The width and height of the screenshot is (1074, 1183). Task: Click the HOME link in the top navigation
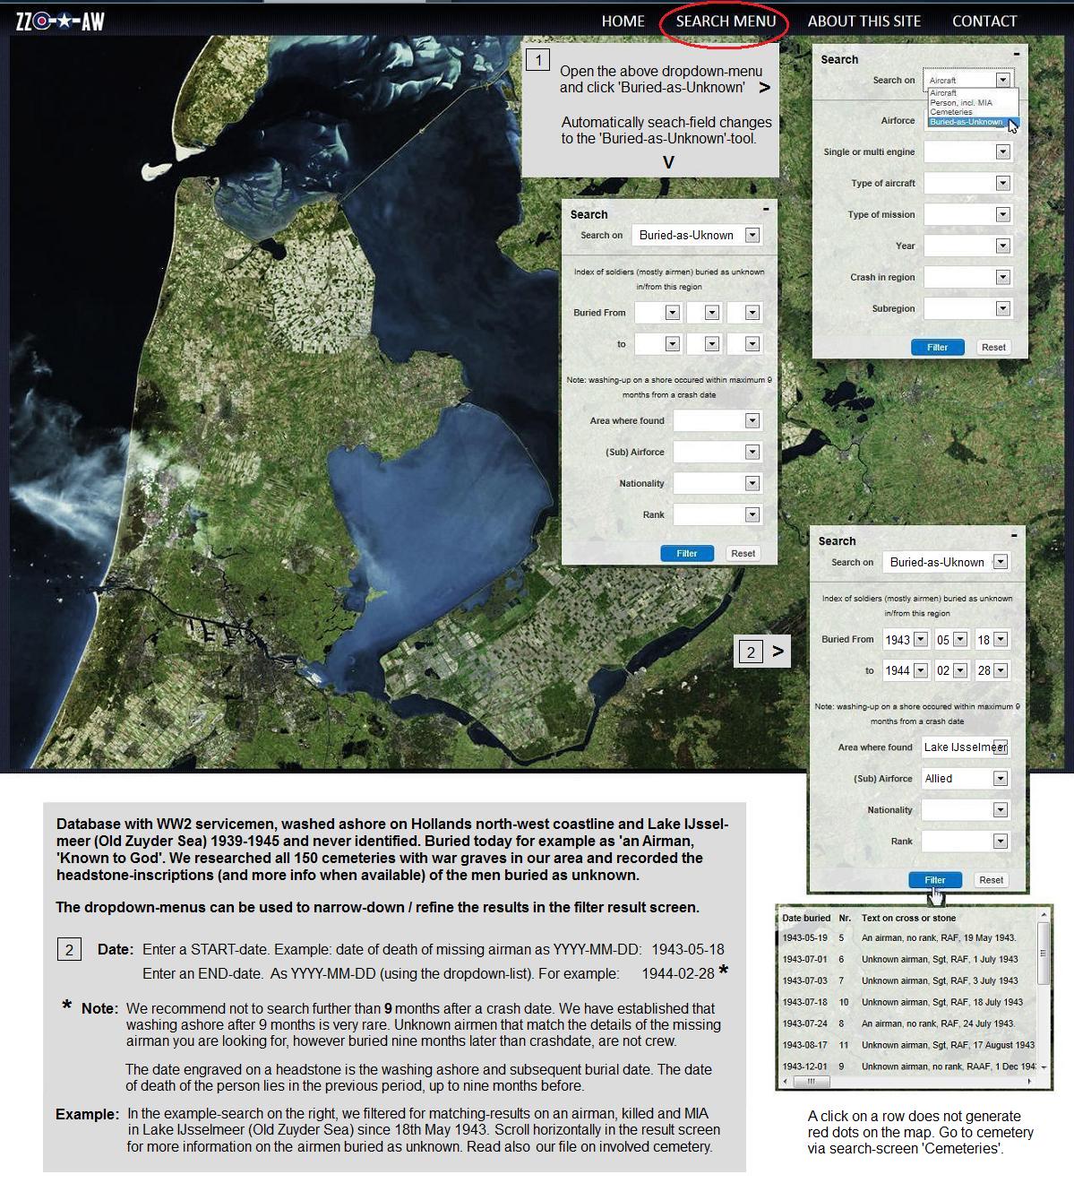pyautogui.click(x=623, y=21)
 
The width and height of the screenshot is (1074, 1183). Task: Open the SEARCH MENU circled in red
pyautogui.click(x=726, y=21)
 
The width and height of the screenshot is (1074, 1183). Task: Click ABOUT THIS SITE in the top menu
pyautogui.click(x=863, y=21)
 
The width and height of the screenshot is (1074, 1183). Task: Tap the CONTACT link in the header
pyautogui.click(x=984, y=21)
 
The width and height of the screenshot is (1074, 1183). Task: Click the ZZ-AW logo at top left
pyautogui.click(x=60, y=21)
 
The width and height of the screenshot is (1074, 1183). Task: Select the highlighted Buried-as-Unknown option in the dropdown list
pyautogui.click(x=966, y=122)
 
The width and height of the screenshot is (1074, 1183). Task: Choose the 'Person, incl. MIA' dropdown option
pyautogui.click(x=960, y=103)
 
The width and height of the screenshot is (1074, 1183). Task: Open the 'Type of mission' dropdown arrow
pyautogui.click(x=1002, y=214)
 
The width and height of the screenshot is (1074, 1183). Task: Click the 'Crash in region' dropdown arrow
pyautogui.click(x=1002, y=277)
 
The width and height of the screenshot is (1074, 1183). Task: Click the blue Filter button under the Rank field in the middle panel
pyautogui.click(x=686, y=553)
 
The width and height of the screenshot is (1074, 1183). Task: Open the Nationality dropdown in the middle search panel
pyautogui.click(x=752, y=483)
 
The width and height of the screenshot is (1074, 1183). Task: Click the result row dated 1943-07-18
pyautogui.click(x=908, y=1002)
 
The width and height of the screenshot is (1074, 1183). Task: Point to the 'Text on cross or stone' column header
pyautogui.click(x=908, y=918)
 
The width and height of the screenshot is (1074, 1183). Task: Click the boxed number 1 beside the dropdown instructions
pyautogui.click(x=537, y=60)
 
